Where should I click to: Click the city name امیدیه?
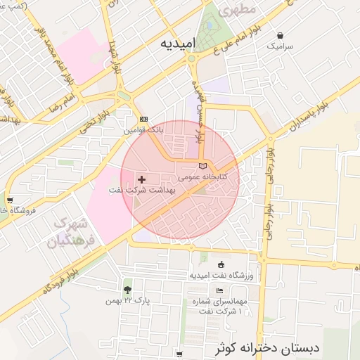coord(176,44)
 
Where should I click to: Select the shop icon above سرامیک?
coord(281,35)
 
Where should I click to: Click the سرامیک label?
coord(281,45)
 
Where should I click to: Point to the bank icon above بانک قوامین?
coord(143,120)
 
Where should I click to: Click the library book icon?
coord(203,166)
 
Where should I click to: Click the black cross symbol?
coord(142,180)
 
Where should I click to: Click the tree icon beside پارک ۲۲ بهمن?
coord(127,290)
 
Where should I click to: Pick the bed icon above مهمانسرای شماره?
coord(220,291)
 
